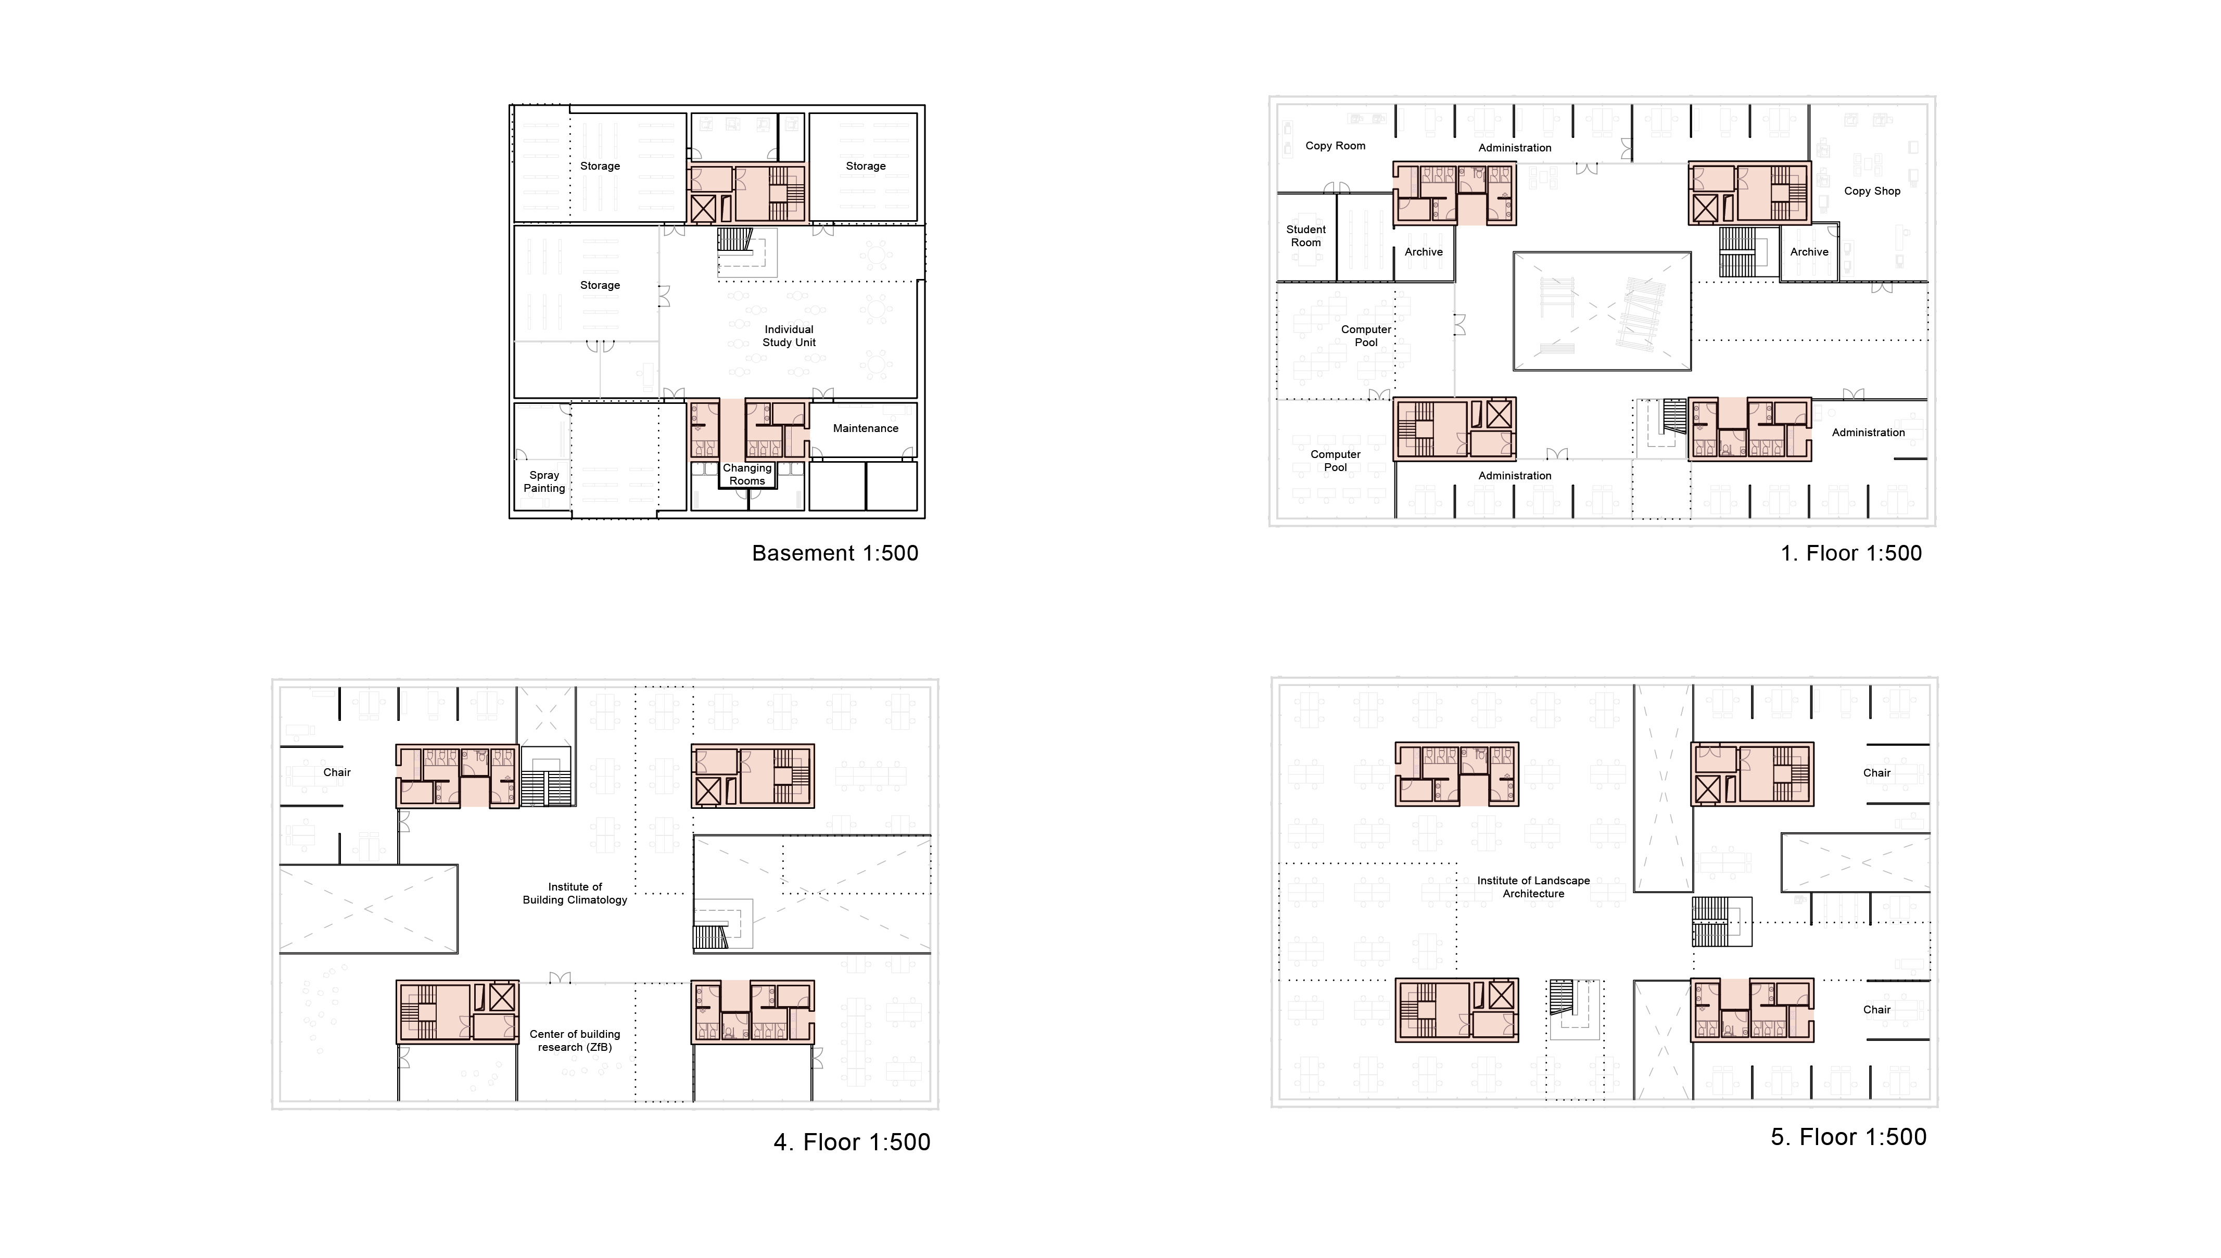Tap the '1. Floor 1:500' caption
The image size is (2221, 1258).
point(1851,553)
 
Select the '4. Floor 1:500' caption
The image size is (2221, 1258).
point(852,1142)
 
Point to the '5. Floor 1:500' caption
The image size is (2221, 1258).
point(1849,1137)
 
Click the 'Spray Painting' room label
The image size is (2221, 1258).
point(544,481)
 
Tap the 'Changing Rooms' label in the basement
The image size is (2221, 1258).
point(747,474)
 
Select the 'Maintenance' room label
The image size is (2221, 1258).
point(866,428)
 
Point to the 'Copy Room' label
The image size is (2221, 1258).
point(1336,146)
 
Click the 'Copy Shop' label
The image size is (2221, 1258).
point(1872,191)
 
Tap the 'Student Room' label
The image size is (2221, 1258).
point(1306,236)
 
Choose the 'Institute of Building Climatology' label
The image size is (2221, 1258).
point(575,893)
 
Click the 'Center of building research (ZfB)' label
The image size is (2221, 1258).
point(575,1040)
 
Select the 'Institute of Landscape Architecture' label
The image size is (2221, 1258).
point(1533,887)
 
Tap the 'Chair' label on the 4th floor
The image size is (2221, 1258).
point(337,772)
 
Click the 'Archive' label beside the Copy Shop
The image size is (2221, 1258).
point(1809,252)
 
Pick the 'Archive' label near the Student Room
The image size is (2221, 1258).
point(1424,252)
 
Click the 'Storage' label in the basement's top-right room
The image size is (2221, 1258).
point(866,166)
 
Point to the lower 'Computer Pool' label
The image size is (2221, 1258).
point(1336,461)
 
